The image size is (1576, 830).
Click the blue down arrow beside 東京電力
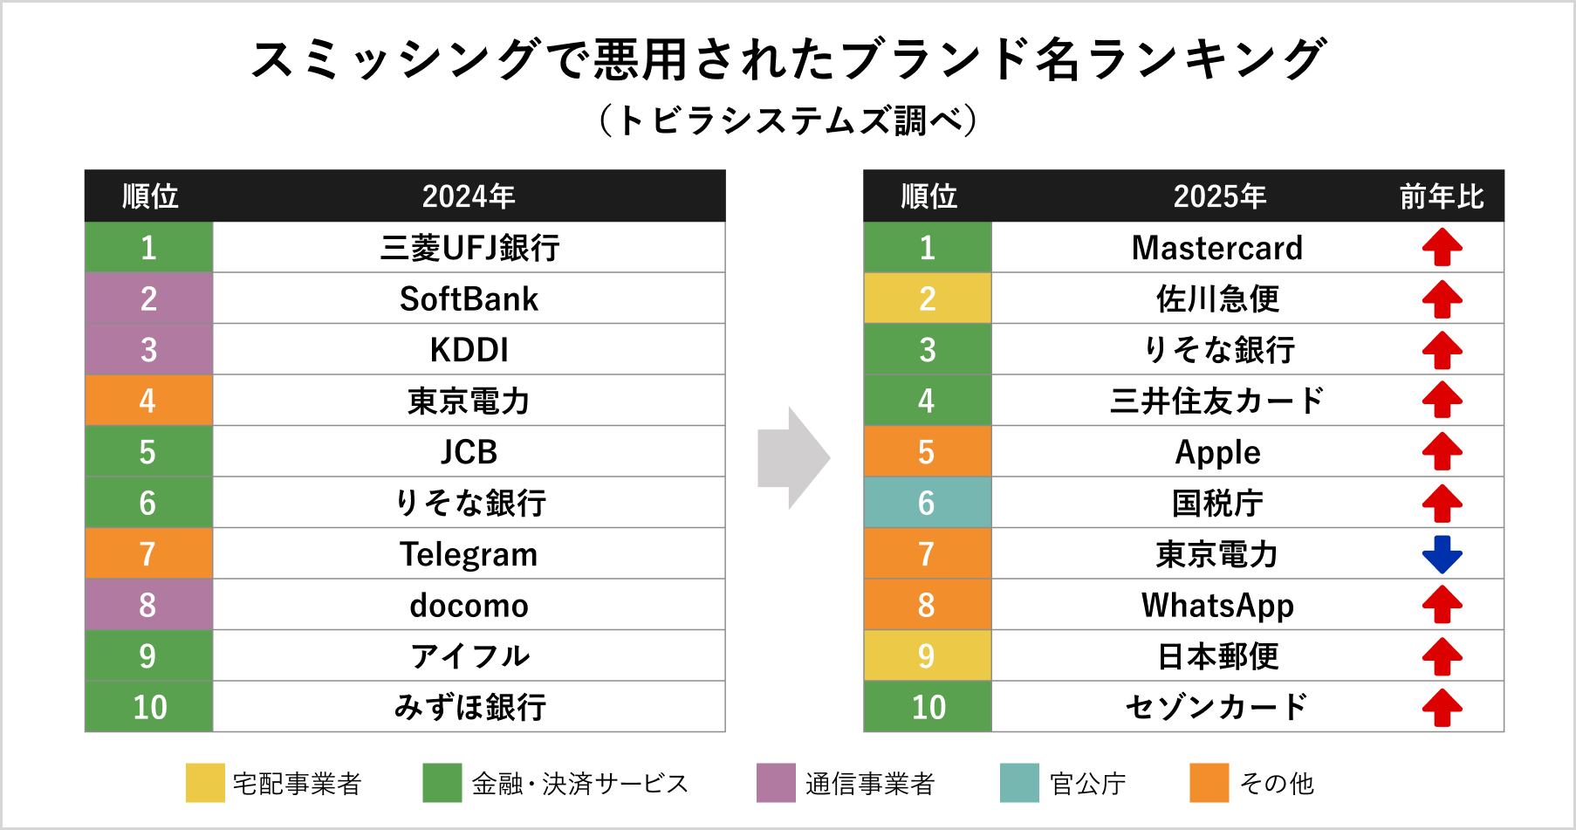(1442, 554)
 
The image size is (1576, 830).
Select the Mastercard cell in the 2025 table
(1216, 248)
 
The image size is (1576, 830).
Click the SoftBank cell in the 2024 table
(469, 299)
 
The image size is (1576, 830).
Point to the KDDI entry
(469, 350)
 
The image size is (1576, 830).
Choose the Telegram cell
(469, 554)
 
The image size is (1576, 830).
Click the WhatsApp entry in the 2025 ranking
(1216, 605)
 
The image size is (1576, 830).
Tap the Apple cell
(1216, 452)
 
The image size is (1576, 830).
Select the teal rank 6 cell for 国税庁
(927, 503)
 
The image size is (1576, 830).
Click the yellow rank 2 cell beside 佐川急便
(927, 299)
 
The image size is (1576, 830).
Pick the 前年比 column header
(1442, 196)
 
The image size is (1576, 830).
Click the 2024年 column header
(469, 196)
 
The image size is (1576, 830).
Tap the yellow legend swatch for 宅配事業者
(205, 783)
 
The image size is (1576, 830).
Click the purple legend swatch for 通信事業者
(776, 783)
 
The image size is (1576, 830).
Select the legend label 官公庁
(1087, 784)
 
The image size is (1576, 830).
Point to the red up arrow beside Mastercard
(1442, 248)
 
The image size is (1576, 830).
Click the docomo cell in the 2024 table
(469, 605)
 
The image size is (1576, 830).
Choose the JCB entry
(469, 452)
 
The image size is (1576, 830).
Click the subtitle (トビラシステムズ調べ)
(788, 120)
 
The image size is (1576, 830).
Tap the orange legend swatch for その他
(1209, 783)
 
